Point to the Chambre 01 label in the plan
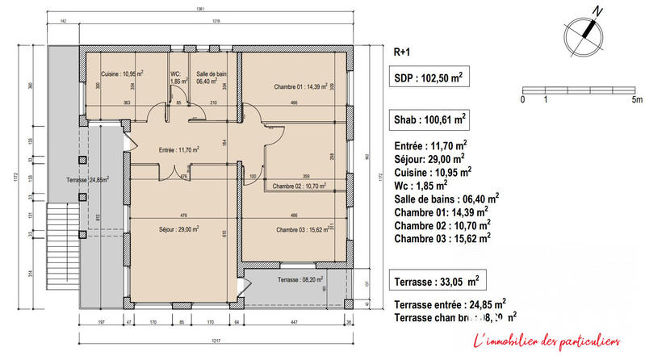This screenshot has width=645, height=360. (300, 86)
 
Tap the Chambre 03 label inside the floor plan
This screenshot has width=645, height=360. (302, 230)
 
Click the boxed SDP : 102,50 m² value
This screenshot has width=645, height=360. (428, 77)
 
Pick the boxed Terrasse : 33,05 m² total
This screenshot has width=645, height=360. (436, 281)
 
